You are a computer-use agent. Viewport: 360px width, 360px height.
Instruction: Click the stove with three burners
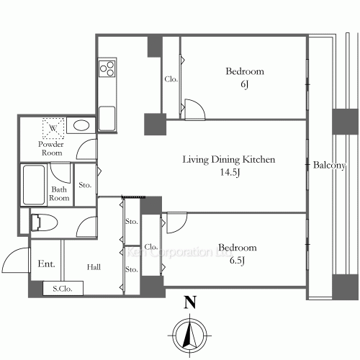tap(107, 68)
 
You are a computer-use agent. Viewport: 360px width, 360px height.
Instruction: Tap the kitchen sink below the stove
tap(107, 119)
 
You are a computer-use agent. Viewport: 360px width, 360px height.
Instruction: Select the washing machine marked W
tap(53, 128)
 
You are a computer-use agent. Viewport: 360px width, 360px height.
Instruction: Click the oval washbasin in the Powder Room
tap(81, 125)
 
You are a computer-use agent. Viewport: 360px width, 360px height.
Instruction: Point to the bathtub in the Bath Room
tap(34, 184)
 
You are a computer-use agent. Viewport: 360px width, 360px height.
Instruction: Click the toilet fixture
tap(44, 222)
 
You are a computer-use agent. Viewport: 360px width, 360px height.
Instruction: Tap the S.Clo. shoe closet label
tap(63, 289)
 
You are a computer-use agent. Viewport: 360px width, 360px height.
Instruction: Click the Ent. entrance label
tap(46, 264)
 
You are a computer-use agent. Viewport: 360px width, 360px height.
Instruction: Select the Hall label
tap(94, 267)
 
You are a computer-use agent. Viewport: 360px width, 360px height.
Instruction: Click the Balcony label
tap(329, 165)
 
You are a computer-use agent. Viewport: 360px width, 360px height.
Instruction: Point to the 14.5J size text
tap(230, 172)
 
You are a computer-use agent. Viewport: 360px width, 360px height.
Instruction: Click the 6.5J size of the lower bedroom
tap(237, 261)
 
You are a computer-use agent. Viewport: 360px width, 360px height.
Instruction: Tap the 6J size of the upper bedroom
tap(245, 84)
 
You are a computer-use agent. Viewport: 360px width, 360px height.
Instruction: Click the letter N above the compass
tap(190, 302)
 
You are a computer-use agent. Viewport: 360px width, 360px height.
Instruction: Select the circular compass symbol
tap(190, 336)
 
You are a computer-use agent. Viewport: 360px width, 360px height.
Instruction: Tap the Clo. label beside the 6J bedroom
tap(171, 79)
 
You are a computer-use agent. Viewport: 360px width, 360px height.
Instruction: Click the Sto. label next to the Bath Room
tap(85, 185)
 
